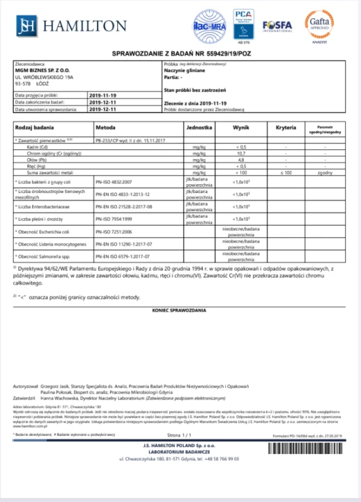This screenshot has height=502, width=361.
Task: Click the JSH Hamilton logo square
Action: click(x=26, y=26)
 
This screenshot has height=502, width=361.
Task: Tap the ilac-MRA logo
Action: click(x=208, y=27)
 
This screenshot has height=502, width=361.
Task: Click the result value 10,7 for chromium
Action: click(x=243, y=153)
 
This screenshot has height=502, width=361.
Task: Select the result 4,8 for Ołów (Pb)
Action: click(x=243, y=160)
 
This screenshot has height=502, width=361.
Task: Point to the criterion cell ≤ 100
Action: click(x=286, y=172)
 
